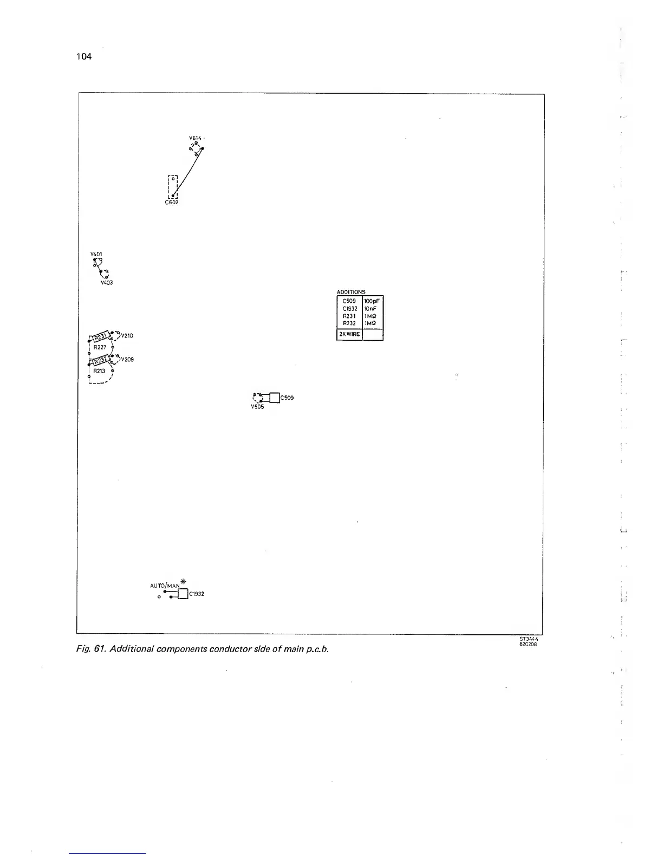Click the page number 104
point(84,56)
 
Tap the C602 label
point(171,203)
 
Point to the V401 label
point(96,254)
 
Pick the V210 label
point(127,335)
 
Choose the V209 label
point(127,359)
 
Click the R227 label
point(100,347)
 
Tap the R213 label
point(99,371)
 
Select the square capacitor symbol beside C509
point(274,398)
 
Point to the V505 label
point(257,407)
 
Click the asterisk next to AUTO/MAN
point(183,581)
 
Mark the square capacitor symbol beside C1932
point(182,594)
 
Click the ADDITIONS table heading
point(351,292)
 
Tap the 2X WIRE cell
point(349,334)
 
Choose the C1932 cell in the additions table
point(350,308)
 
